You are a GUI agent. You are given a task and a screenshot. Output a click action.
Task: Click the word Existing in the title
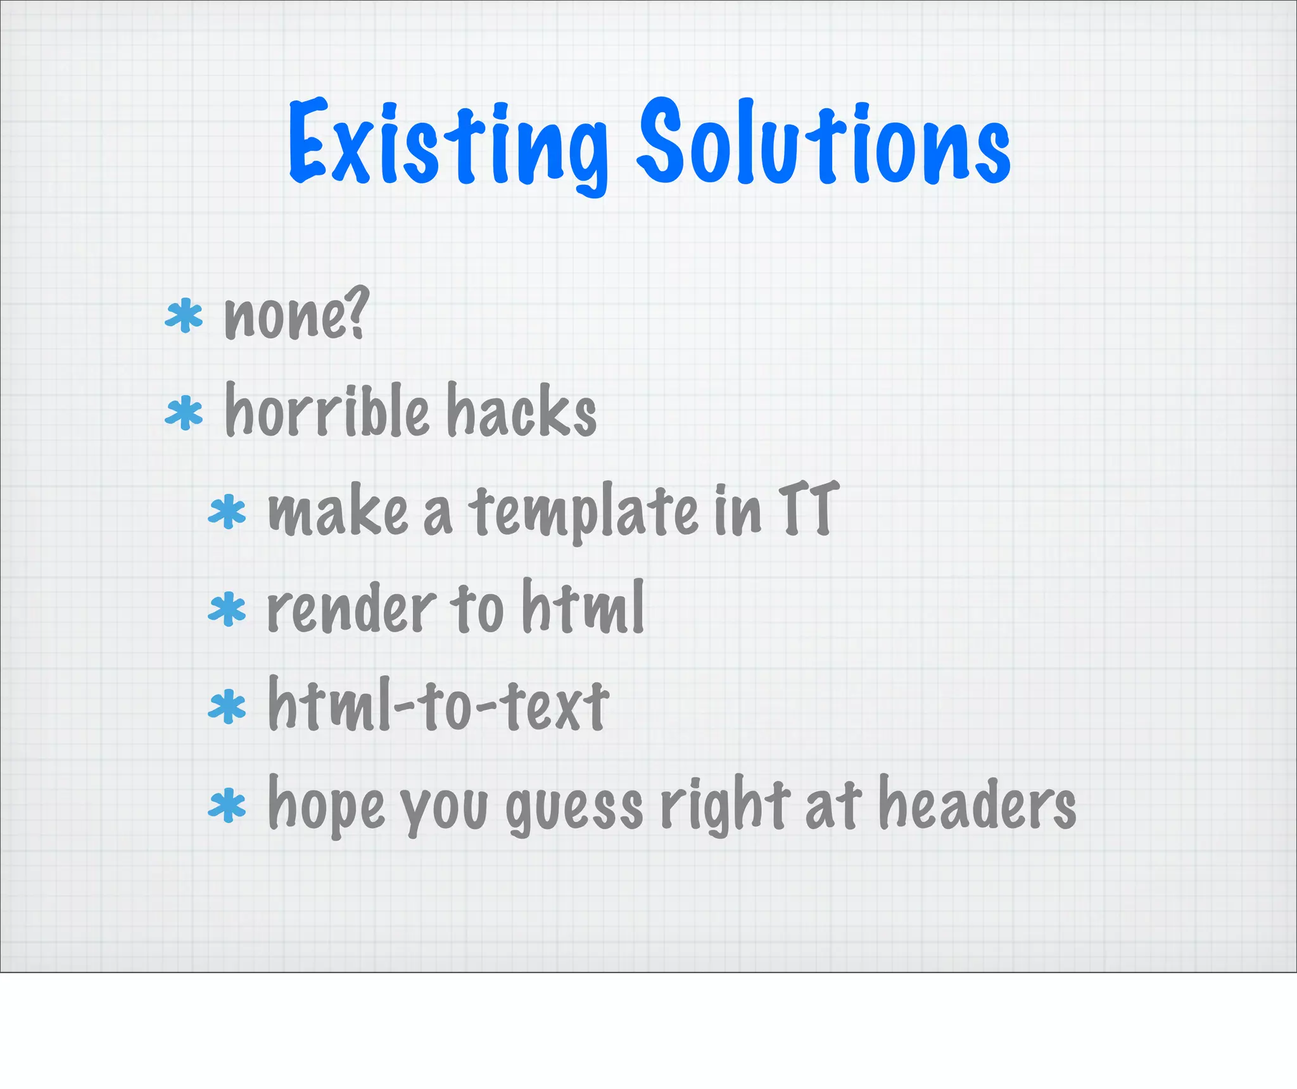pyautogui.click(x=448, y=144)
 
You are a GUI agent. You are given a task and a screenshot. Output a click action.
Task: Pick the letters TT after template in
pyautogui.click(x=809, y=508)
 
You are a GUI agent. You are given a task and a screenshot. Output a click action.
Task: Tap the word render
pyautogui.click(x=351, y=609)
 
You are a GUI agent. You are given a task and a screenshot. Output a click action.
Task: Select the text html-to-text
pyautogui.click(x=438, y=704)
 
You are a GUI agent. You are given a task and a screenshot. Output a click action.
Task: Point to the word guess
pyautogui.click(x=574, y=807)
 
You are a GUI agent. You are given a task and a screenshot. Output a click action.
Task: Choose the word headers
pyautogui.click(x=978, y=803)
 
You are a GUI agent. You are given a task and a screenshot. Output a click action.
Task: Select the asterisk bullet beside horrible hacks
pyautogui.click(x=184, y=413)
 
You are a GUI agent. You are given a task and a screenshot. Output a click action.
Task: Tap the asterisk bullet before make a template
pyautogui.click(x=227, y=513)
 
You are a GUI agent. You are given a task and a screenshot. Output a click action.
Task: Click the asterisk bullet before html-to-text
pyautogui.click(x=227, y=707)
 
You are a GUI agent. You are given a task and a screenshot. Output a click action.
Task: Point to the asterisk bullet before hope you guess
pyautogui.click(x=227, y=806)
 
